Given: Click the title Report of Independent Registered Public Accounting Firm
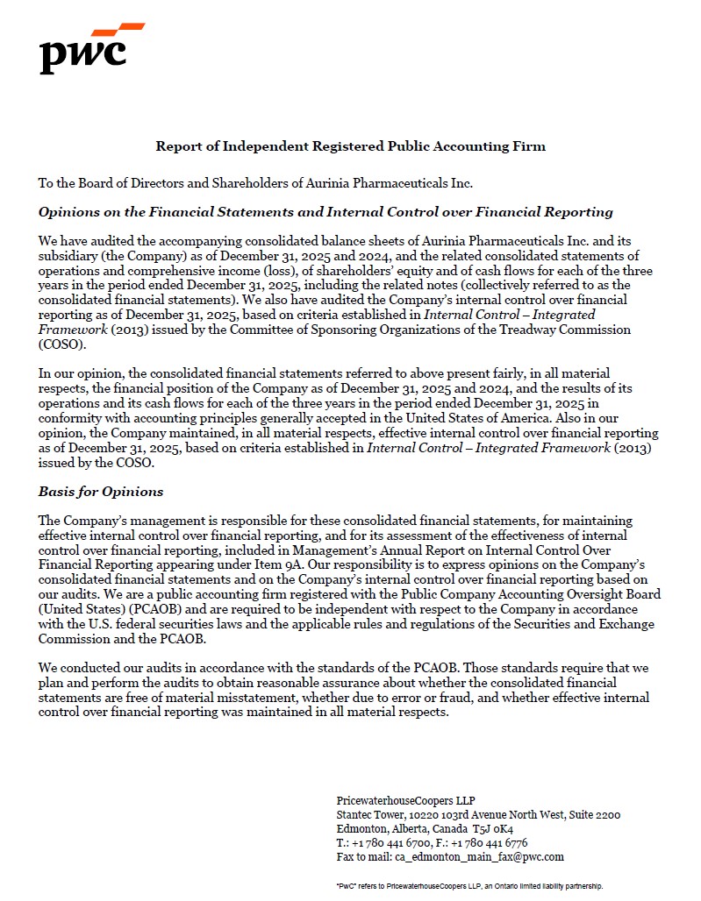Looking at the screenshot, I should coord(350,146).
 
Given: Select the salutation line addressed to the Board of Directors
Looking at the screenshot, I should coord(255,183).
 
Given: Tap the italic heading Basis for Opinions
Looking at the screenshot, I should coord(100,491).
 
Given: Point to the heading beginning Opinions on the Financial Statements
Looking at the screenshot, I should coord(325,212).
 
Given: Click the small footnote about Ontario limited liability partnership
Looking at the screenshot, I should coord(469,886).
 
